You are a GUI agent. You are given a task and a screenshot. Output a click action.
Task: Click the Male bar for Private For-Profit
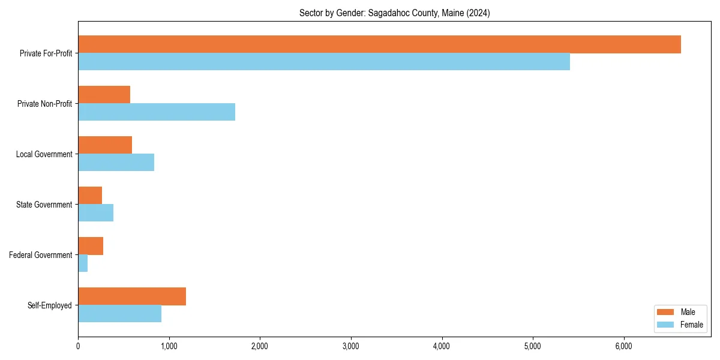[379, 44]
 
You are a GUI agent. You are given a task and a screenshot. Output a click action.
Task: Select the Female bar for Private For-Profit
[324, 62]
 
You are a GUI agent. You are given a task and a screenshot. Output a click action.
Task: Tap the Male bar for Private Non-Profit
[104, 95]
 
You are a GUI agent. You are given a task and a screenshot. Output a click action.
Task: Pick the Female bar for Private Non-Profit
[157, 112]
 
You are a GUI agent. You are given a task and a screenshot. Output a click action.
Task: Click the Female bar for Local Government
[116, 163]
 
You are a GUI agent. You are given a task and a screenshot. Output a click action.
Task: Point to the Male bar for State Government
[90, 196]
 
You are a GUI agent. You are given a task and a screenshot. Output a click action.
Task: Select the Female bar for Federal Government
[83, 263]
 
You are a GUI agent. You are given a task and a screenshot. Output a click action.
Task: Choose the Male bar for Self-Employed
[132, 296]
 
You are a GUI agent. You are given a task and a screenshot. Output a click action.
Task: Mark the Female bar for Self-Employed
[119, 314]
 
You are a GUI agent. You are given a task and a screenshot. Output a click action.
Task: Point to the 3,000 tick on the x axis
[351, 346]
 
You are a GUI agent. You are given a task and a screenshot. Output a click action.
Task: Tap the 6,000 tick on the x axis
[624, 346]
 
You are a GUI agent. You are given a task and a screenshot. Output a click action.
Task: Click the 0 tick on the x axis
[78, 346]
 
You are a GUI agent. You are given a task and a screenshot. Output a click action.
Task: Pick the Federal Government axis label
[41, 255]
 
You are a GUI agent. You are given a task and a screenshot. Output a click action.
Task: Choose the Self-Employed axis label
[50, 305]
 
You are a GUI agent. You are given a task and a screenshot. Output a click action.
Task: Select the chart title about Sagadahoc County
[394, 13]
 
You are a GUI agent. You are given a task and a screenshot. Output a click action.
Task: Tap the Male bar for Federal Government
[91, 246]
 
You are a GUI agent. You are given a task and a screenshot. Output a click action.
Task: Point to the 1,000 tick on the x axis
[169, 346]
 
